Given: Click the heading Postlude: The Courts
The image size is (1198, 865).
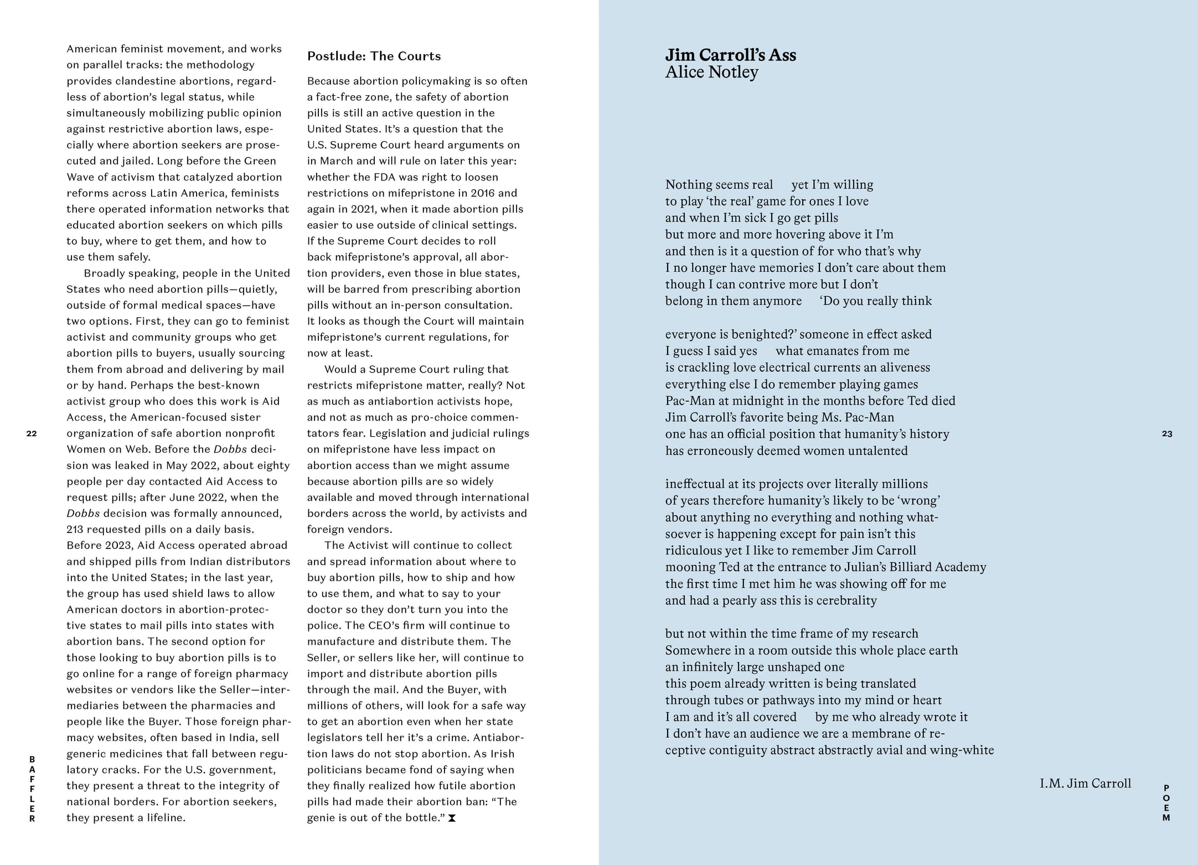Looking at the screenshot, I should coord(374,56).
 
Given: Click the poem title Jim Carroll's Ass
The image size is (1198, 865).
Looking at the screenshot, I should coord(730,55).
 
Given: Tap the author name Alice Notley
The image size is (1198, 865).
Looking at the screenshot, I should coord(711,72).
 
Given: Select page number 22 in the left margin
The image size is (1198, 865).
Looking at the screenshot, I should coord(32,433).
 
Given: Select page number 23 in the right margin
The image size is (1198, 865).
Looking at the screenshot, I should coord(1166,434).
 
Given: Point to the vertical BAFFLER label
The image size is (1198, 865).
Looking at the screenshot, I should coord(32,789).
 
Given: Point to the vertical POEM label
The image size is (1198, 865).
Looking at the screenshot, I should coord(1166,802).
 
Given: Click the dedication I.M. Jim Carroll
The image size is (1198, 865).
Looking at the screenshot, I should coord(1085,783).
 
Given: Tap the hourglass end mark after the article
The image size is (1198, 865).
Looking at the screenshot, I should coord(452,818).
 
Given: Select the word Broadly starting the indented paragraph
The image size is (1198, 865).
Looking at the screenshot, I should coord(104,273).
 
